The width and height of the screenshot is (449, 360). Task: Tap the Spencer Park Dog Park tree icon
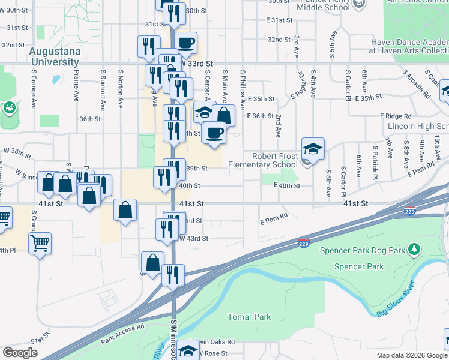coord(413,248)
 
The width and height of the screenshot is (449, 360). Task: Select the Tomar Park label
coord(249,317)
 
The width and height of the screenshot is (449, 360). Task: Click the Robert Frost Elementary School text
coord(274,160)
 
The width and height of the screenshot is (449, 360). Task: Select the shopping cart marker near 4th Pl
coord(40,243)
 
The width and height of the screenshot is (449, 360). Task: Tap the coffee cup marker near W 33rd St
coord(187,43)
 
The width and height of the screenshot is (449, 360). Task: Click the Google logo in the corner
coord(20,353)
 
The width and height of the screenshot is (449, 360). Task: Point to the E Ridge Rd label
coord(395,116)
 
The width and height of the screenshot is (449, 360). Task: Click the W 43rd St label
coord(194,239)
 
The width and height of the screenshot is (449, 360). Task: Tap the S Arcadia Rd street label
coord(418,85)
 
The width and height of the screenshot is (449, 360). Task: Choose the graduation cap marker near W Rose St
coord(188,350)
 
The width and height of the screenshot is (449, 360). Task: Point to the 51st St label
coord(38,341)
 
